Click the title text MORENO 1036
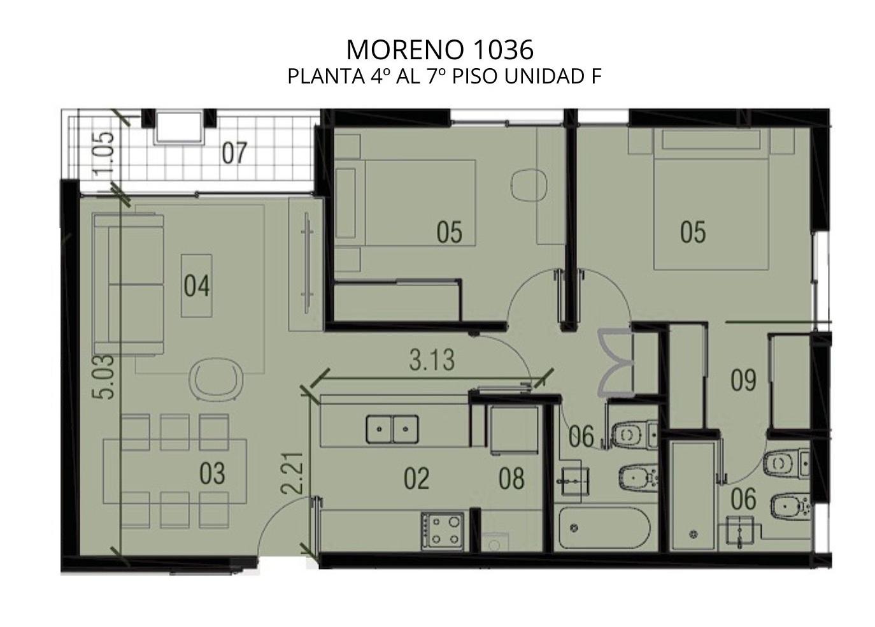coord(440,50)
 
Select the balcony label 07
coord(234,153)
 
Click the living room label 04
coord(197,285)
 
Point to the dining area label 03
coord(212,473)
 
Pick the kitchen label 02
coord(416,478)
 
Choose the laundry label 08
coord(511,478)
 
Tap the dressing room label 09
coord(743,380)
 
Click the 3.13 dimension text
coord(432,360)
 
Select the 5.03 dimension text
coord(104,377)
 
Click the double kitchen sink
coord(392,429)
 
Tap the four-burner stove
coord(443,531)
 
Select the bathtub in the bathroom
coord(604,528)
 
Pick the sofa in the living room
coord(129,284)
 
